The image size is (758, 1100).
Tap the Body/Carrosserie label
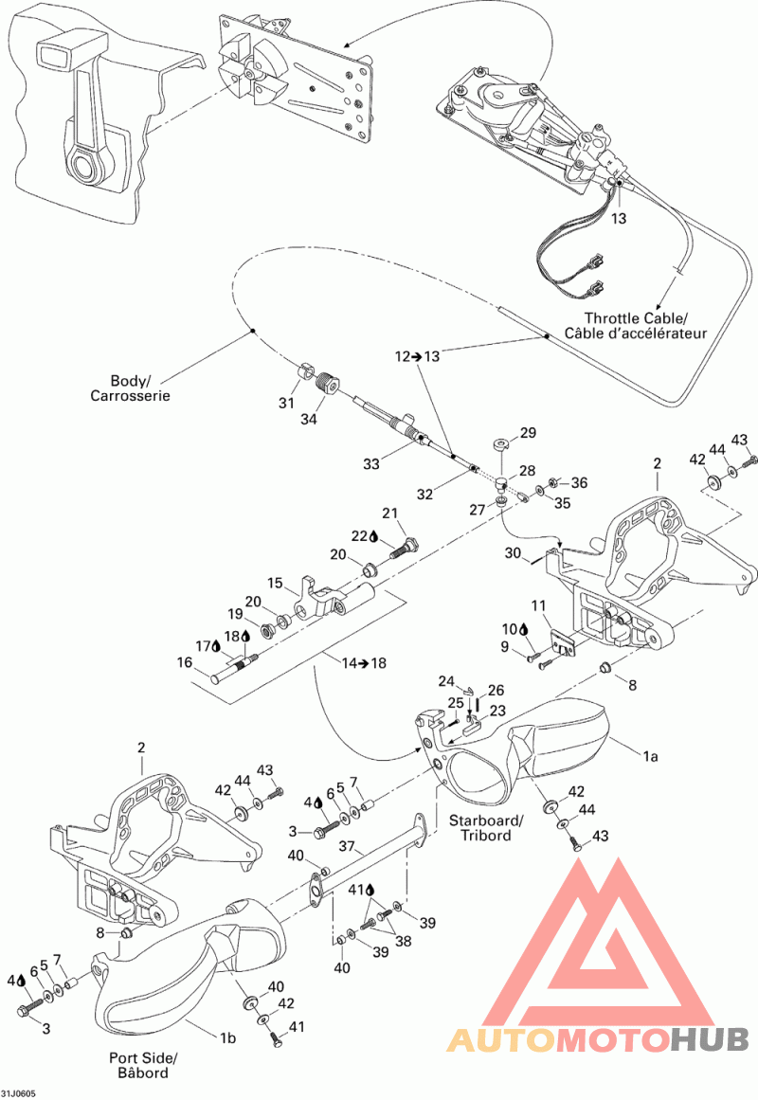(130, 388)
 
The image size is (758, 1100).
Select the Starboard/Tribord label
(486, 828)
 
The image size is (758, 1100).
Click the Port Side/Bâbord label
(142, 1065)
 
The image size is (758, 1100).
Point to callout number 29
(528, 433)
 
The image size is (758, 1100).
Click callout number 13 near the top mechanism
(619, 219)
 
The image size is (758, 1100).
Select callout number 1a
(651, 756)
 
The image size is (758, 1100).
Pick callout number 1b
(227, 1038)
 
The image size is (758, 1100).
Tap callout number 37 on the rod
(347, 847)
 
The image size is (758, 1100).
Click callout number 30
(513, 552)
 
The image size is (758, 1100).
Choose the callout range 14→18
(364, 663)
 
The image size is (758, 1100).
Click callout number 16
(185, 662)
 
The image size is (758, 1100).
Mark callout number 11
(538, 605)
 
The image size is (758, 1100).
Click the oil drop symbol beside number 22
(374, 536)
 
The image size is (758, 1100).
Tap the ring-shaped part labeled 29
(499, 444)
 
